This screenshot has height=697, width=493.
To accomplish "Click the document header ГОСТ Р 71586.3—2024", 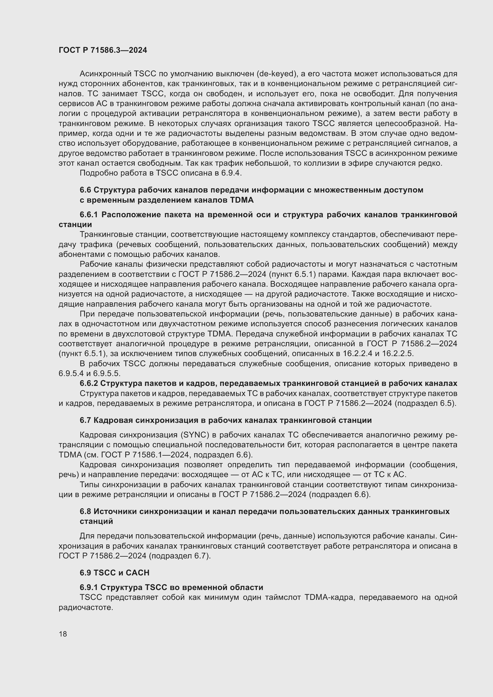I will (x=103, y=50).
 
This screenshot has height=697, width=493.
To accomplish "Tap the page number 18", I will (x=63, y=634).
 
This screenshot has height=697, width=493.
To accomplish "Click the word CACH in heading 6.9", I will (x=137, y=573).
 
